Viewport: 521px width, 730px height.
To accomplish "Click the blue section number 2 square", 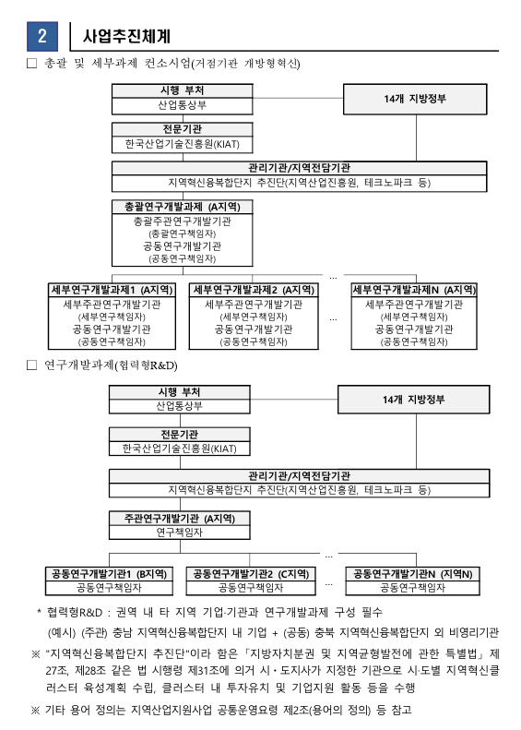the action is [x=42, y=36].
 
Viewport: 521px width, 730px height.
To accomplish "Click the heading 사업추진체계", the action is [x=126, y=36].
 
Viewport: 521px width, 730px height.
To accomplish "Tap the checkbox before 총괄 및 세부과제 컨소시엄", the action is [x=31, y=63].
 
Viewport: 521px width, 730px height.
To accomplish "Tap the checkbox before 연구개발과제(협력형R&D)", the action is [x=31, y=365].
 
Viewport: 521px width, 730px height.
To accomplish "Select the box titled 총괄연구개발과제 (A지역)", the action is [x=183, y=233].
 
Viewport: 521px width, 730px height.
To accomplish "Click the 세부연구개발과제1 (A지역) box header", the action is [x=112, y=290].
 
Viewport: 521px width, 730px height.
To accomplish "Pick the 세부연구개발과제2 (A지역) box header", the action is [x=254, y=290].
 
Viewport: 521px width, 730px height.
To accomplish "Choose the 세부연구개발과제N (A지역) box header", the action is [x=414, y=290].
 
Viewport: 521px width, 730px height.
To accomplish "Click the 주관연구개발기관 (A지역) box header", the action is [x=180, y=519].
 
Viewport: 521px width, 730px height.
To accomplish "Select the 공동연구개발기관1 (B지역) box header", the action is [x=110, y=574].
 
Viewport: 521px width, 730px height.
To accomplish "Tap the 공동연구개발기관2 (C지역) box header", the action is [x=251, y=574].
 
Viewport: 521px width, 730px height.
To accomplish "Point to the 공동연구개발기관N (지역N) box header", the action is [x=412, y=574].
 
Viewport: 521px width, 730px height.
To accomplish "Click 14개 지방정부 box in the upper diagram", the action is [x=415, y=99].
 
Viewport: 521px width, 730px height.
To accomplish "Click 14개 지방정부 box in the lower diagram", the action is [x=413, y=400].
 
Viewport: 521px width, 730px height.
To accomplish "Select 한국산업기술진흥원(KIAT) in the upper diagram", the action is [x=183, y=144].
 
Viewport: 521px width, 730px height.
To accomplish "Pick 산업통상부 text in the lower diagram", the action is [x=180, y=406].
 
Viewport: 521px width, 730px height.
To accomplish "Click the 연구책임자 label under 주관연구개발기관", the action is [x=180, y=533].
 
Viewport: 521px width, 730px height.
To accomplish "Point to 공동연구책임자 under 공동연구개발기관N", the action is [x=412, y=588].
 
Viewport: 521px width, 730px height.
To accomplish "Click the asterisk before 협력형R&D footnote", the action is [x=39, y=610].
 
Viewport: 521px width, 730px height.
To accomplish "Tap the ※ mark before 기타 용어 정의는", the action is [x=35, y=710].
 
